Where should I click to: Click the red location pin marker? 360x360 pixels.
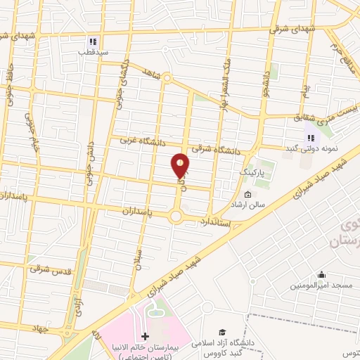click(x=181, y=167)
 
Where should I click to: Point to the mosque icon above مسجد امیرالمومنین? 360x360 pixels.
click(x=321, y=275)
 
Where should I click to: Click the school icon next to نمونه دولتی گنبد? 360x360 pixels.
click(x=310, y=138)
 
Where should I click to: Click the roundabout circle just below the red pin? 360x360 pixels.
click(x=176, y=217)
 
